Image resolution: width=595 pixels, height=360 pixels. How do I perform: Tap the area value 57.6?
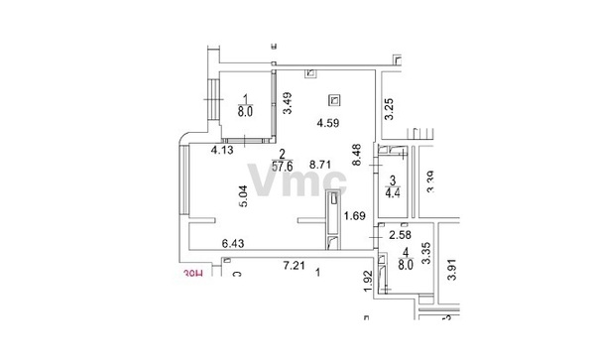point(285,168)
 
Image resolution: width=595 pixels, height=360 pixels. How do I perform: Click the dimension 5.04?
point(242,197)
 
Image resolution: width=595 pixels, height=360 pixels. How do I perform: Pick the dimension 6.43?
point(234,243)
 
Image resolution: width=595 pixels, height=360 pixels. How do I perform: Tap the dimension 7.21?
point(294,267)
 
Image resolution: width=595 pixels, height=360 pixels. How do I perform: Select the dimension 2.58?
point(400,235)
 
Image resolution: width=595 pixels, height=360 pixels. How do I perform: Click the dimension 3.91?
point(450,269)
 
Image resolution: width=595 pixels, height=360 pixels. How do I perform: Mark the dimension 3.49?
point(287,103)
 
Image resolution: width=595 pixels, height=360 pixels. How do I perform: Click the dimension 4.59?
point(327,123)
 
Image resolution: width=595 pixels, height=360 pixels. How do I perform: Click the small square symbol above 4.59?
point(334,99)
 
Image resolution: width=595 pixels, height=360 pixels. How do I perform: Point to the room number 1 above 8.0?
point(245,96)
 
